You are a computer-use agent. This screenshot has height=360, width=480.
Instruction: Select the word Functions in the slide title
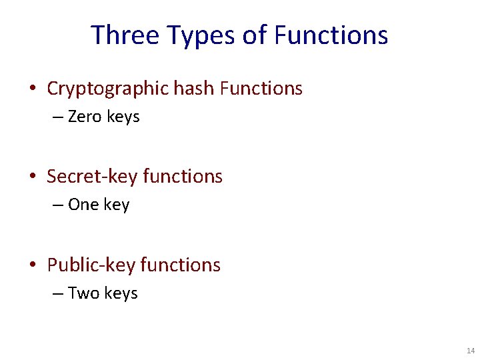point(331,35)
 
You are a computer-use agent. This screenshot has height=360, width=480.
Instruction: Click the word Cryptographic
point(108,89)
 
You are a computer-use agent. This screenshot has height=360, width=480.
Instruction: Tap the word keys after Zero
point(123,117)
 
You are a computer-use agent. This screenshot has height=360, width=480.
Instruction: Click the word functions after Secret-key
point(183,177)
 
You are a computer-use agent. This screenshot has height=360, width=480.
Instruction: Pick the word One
point(83,205)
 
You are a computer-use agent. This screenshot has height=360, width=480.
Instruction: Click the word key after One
point(117,205)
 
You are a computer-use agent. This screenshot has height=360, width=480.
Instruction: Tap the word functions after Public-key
point(181,265)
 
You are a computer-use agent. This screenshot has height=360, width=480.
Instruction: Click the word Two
point(83,293)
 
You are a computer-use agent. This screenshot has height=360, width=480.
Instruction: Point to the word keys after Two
point(121,293)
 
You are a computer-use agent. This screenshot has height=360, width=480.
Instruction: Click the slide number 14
point(471,351)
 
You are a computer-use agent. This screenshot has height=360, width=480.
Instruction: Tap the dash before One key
point(58,205)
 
